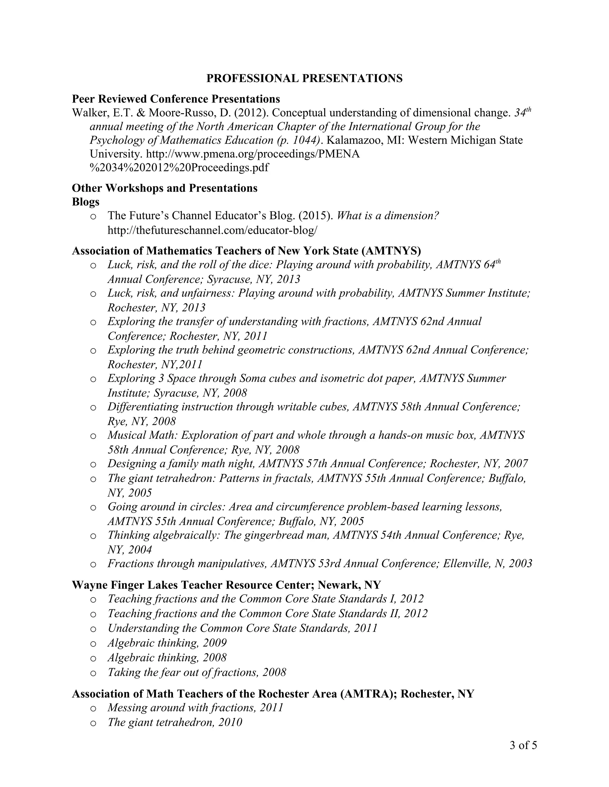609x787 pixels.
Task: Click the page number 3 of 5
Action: tap(523, 745)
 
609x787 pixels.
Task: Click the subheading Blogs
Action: tap(86, 202)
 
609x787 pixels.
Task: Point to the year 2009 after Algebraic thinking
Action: tap(215, 643)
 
